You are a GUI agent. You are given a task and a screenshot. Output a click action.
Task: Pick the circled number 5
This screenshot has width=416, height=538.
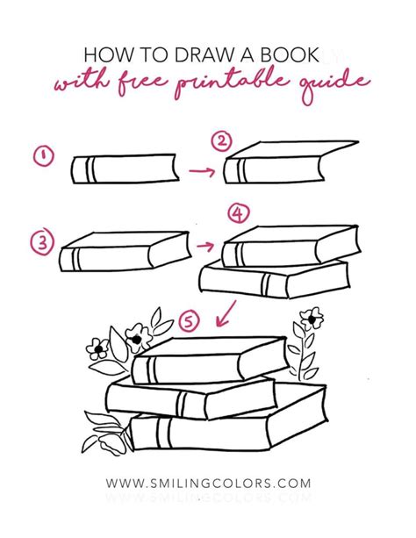186,321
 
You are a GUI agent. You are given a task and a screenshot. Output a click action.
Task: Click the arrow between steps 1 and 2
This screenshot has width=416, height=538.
203,171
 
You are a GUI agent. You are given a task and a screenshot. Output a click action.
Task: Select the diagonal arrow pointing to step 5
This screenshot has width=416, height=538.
227,310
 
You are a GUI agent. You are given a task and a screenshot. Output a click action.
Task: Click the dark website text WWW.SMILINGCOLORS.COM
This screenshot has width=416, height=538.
208,483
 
